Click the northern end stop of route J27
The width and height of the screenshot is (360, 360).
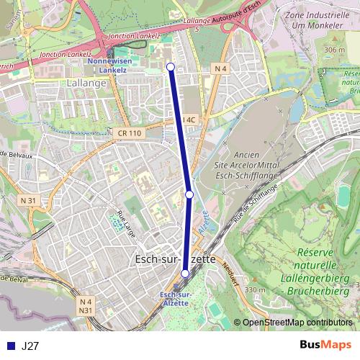coord(171,67)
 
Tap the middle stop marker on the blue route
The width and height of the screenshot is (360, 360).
coord(189,194)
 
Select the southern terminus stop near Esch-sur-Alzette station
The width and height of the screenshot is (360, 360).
coord(185,274)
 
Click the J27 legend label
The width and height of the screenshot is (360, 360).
coord(31,346)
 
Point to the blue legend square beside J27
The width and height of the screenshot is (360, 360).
coord(10,346)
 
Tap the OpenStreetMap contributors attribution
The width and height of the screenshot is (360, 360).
coord(297,323)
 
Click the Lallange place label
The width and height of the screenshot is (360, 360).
coord(86,83)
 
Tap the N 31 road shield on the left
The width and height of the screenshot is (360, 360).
coord(29,199)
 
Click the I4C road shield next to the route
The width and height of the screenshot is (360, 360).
coord(189,120)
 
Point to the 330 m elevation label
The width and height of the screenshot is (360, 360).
coord(255,290)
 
